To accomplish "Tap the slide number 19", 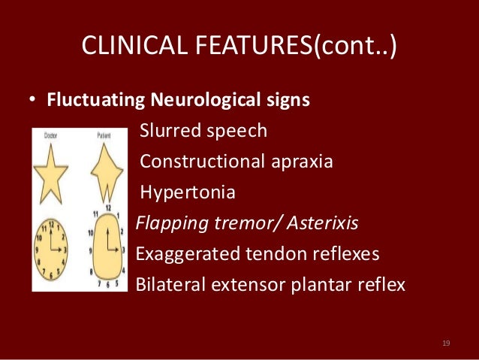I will [x=446, y=343].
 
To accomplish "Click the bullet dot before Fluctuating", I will [x=34, y=101].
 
